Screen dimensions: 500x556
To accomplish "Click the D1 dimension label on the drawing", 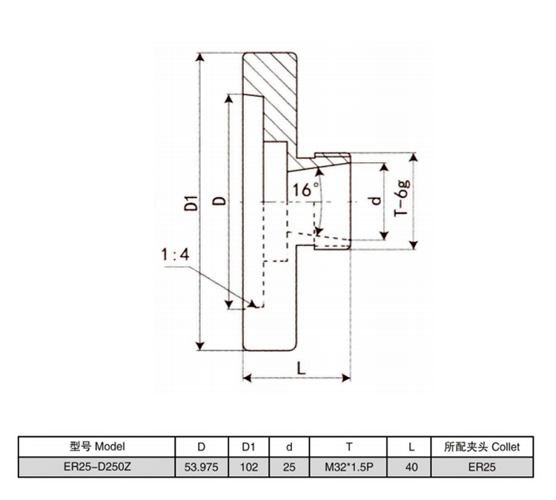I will (191, 202).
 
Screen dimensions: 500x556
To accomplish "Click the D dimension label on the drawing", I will (219, 201).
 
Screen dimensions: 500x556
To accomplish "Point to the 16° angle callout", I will (305, 189).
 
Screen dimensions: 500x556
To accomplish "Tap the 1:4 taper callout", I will (176, 256).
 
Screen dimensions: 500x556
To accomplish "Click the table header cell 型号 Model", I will (97, 447).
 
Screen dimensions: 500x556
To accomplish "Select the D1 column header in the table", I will (248, 447).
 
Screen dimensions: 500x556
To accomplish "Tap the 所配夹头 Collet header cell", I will (482, 447).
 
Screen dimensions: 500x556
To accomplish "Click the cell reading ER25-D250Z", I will (97, 467).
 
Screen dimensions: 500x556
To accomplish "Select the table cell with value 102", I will (248, 467).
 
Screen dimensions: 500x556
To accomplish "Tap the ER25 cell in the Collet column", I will (482, 467).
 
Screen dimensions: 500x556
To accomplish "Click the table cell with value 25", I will (290, 467).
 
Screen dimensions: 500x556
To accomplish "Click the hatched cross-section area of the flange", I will (271, 93).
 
